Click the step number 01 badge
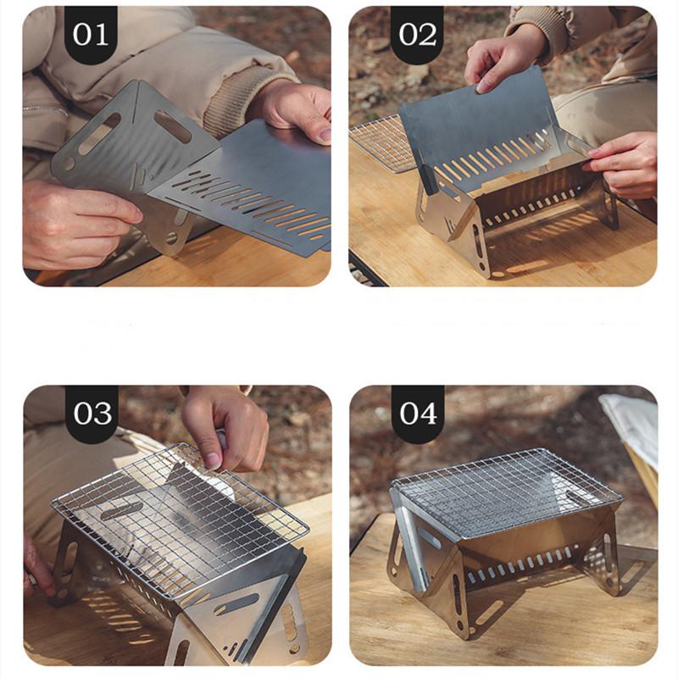(x=91, y=35)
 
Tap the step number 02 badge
(x=417, y=35)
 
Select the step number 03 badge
(x=92, y=414)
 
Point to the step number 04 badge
(x=418, y=414)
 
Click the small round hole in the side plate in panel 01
(x=69, y=163)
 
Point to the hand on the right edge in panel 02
(x=625, y=164)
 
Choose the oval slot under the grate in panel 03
(x=122, y=511)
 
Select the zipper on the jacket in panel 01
(x=46, y=108)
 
